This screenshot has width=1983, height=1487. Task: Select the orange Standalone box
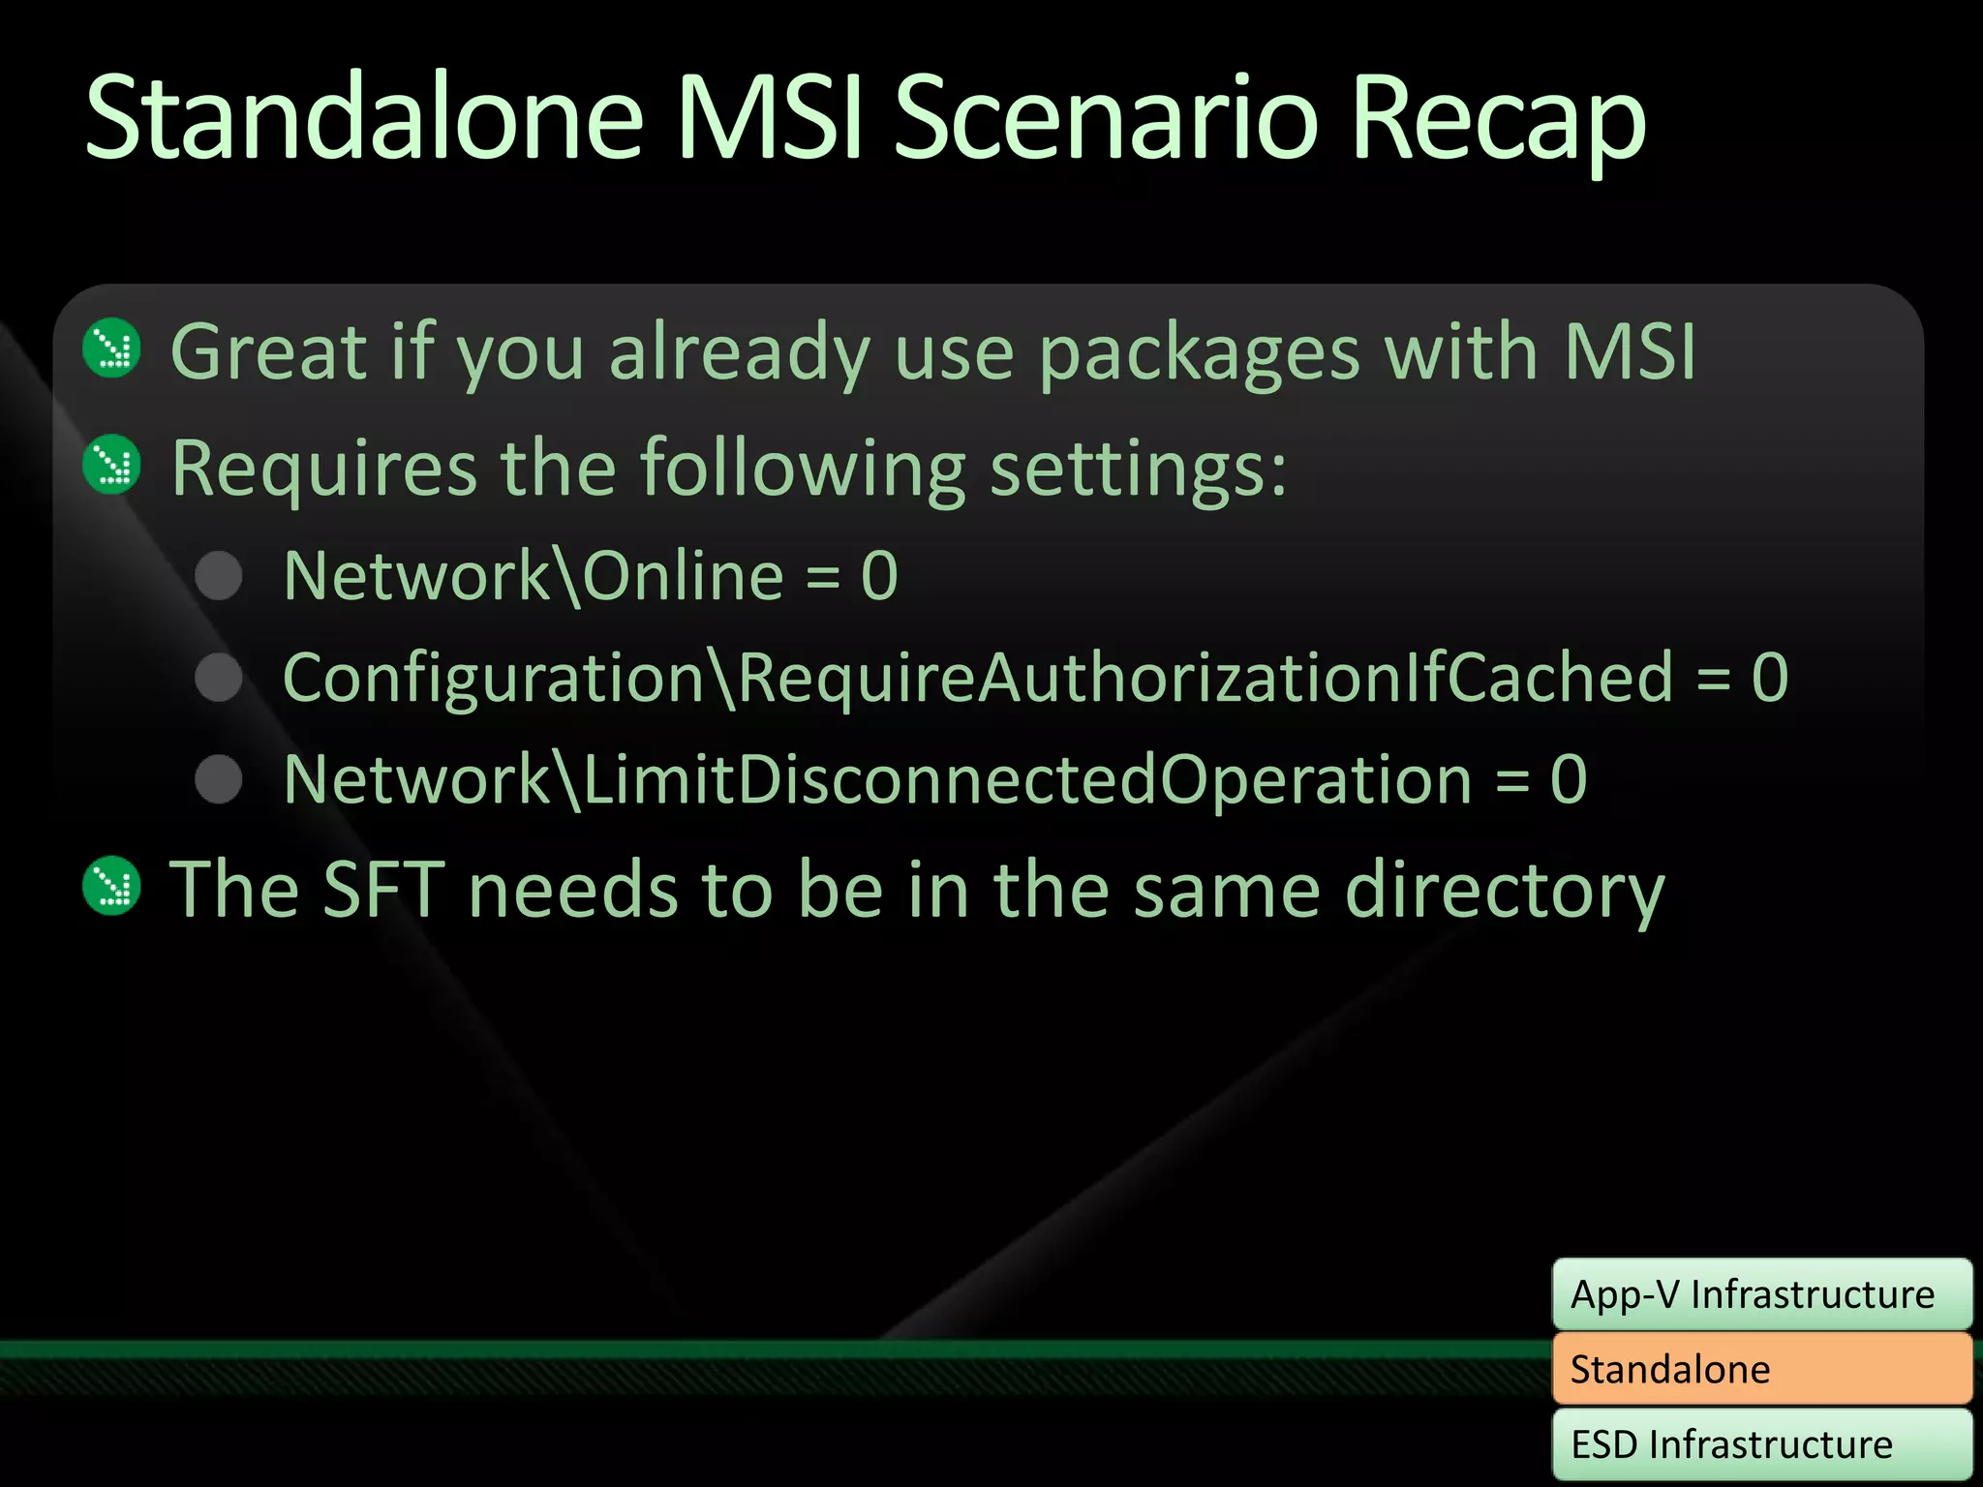point(1761,1369)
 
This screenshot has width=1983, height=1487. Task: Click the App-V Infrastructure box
point(1761,1294)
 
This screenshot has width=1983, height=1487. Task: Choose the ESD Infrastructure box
point(1761,1444)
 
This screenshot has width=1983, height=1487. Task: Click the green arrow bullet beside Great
point(112,349)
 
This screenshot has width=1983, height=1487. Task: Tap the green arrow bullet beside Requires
point(112,465)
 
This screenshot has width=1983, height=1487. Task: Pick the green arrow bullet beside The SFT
point(112,886)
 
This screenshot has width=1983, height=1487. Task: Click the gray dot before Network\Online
point(219,576)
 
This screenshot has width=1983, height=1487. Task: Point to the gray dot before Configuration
point(219,678)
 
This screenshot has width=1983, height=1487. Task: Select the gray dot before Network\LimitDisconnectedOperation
point(219,779)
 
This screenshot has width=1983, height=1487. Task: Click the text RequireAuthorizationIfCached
point(1205,678)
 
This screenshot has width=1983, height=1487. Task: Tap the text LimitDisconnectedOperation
point(1026,779)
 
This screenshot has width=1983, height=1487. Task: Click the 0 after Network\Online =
point(879,576)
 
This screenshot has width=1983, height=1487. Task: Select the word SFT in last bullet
point(383,889)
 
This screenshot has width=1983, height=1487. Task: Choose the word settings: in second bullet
point(1139,469)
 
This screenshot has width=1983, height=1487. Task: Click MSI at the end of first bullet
point(1630,350)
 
